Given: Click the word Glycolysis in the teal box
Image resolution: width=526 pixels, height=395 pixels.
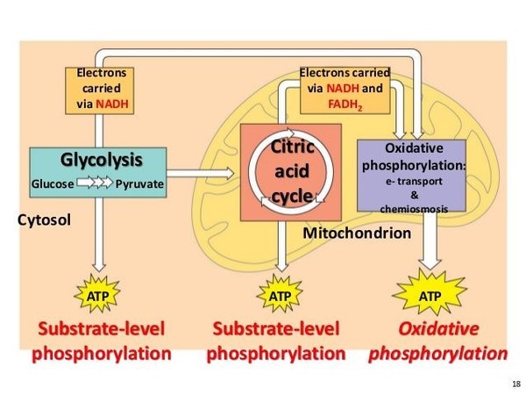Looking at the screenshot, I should click(x=100, y=160).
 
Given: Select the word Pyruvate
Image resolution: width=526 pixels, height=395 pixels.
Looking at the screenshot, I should click(x=139, y=184).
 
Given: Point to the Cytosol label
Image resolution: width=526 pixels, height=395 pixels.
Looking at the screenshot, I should click(x=44, y=219).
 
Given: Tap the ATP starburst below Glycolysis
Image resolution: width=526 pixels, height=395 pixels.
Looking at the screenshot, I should click(x=101, y=297).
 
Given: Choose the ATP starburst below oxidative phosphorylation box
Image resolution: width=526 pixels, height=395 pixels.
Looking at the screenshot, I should click(x=430, y=296).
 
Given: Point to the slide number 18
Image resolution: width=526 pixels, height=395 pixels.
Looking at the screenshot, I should click(x=513, y=384).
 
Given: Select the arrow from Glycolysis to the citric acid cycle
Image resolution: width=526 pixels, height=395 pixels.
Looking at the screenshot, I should click(x=203, y=171).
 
